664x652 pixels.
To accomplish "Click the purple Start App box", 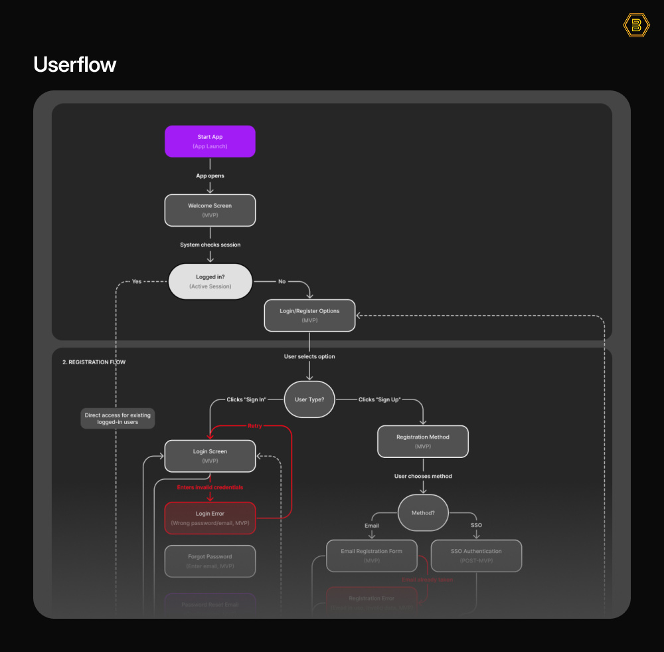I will coord(210,141).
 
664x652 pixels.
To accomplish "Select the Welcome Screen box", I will coord(210,210).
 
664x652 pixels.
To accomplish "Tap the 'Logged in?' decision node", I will coord(210,281).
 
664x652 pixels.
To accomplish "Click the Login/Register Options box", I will coord(309,315).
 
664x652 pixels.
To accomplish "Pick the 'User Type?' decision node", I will coord(309,399).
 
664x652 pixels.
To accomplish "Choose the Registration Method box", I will coord(423,441).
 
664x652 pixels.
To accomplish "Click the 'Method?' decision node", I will coord(423,513).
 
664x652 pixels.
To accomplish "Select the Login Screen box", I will coord(210,456).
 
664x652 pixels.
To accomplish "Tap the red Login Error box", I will coord(210,518).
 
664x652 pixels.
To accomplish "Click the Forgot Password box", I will coord(210,561).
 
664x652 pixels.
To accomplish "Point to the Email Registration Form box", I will coord(372,556).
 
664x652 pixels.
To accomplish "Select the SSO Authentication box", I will coord(476,556).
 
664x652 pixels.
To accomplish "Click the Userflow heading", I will coord(74,64).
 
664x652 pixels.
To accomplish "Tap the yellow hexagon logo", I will coord(636,25).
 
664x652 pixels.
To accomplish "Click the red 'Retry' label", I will coord(254,425).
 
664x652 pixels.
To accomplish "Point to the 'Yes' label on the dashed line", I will coord(137,281).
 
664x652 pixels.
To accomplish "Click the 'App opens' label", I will coord(210,176).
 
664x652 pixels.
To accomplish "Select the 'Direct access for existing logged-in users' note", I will coord(118,419).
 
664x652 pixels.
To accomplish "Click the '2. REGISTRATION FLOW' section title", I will coord(94,362).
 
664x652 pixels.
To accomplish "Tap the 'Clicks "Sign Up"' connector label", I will coord(379,399).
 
